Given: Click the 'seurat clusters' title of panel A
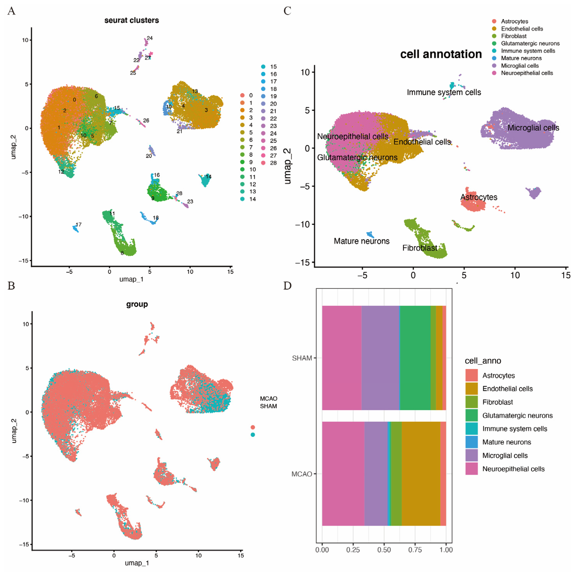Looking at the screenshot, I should [131, 20].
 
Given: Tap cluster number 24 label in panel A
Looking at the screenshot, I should [150, 38].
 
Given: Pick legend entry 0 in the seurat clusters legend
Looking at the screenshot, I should [251, 95].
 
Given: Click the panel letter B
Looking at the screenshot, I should [11, 286].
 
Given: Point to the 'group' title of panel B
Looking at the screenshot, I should [137, 304].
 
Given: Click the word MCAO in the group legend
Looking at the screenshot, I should [268, 399].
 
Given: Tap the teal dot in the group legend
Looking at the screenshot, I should [253, 435].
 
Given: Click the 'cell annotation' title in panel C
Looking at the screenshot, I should [441, 54].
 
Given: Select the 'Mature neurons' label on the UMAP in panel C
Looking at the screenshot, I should [361, 241].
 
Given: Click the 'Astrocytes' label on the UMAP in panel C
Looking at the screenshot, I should [479, 197].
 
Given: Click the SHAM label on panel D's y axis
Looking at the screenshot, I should [302, 358].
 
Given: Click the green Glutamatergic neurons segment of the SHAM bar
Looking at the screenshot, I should [415, 358].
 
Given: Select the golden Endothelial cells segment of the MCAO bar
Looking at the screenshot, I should [421, 474].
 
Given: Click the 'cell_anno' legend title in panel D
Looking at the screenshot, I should [483, 361].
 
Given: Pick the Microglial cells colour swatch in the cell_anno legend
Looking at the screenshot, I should [471, 456].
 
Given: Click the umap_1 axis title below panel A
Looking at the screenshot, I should [131, 279].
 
